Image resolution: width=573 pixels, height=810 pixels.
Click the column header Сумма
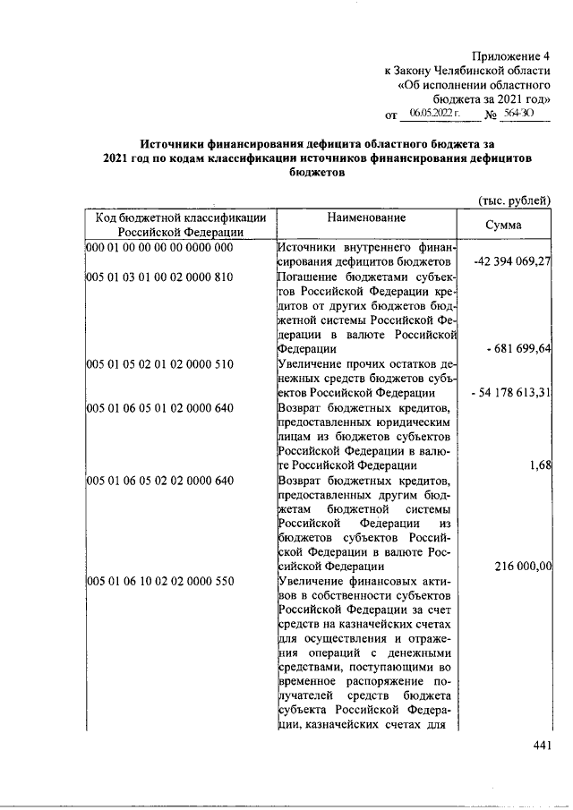click(503, 226)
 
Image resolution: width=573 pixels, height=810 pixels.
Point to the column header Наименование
click(366, 217)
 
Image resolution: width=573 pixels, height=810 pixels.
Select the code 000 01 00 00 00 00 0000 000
click(159, 247)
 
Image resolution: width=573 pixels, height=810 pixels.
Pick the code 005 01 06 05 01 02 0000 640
click(159, 407)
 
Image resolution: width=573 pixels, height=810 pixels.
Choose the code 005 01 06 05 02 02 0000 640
click(159, 480)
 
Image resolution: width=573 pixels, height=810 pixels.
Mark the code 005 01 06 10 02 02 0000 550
click(159, 581)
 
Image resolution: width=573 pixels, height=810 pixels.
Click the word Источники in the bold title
click(172, 143)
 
